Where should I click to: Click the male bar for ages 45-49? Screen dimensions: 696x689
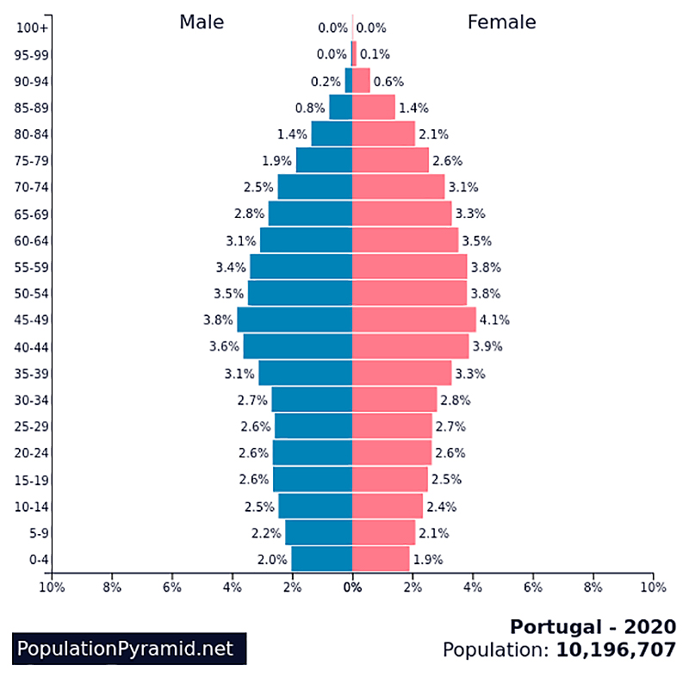coord(295,320)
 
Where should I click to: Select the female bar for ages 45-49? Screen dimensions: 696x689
coord(413,320)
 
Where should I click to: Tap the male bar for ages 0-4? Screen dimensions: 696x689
coord(321,559)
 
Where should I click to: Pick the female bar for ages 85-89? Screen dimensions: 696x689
coord(373,108)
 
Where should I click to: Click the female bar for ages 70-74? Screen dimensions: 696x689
coord(398,187)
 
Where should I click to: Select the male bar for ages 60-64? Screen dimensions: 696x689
coord(306,240)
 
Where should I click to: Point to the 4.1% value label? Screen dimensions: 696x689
coord(494,320)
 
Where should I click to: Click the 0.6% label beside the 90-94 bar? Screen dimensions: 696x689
coord(388,82)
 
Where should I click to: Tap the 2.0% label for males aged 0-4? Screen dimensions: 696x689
coord(271,559)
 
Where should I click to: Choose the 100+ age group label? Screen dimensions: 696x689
coord(32,28)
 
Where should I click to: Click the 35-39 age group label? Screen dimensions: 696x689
coord(31,374)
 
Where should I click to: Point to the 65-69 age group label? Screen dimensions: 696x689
coord(31,214)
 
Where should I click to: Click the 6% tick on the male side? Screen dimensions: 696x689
coord(171,588)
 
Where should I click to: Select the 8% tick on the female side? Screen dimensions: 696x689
coord(593,588)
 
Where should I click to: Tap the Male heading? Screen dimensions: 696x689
coord(202,22)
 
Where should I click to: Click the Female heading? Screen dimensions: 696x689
coord(501,22)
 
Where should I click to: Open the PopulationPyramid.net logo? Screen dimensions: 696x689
coord(126,649)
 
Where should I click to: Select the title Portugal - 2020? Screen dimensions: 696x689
coord(593,626)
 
